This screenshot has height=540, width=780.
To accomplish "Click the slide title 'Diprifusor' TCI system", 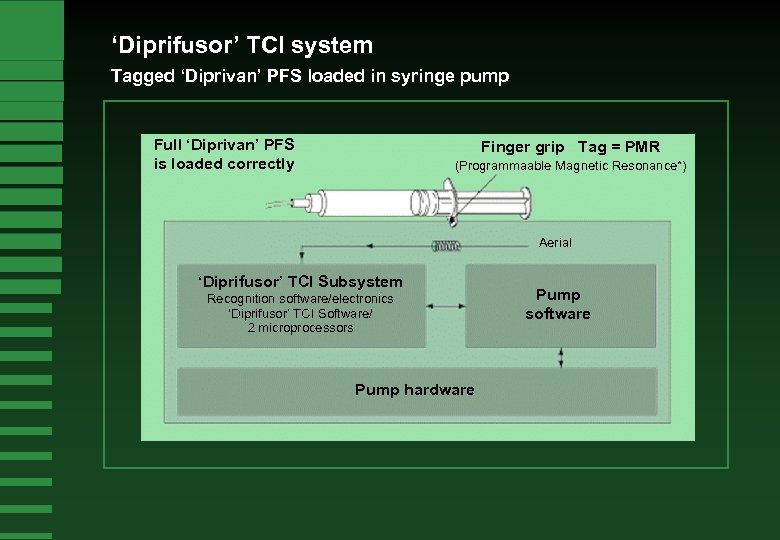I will (242, 45).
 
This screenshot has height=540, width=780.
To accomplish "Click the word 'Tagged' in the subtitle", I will (141, 76).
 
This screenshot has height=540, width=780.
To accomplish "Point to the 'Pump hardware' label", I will (414, 389).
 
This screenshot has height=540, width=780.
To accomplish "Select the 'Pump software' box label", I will (558, 304).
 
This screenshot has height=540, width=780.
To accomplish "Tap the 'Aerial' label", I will (555, 243).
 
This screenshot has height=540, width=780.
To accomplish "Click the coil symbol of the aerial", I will (447, 246).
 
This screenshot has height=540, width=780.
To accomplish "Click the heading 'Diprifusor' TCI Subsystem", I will (300, 281).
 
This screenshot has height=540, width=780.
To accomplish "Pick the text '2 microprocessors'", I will (300, 328).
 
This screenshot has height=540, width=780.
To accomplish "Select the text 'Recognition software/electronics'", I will (300, 299).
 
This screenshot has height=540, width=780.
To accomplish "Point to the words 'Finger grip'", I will (521, 147).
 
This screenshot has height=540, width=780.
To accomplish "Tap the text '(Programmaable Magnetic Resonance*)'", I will (570, 165).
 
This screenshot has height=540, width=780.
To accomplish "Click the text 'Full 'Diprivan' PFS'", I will (224, 144).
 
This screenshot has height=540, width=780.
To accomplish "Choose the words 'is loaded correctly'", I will (224, 164).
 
